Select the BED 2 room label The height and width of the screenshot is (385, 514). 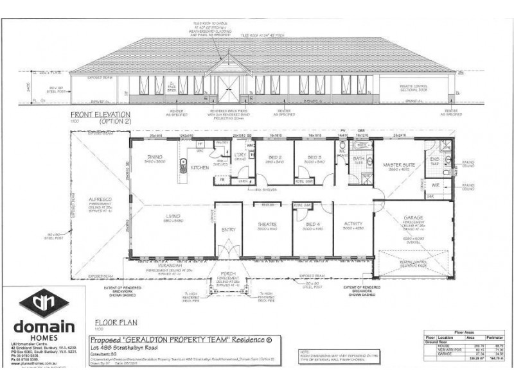point(274,158)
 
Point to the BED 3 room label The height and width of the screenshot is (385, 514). point(314,158)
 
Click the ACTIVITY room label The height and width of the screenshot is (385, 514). point(353,224)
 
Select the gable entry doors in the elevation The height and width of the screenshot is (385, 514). point(229,89)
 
